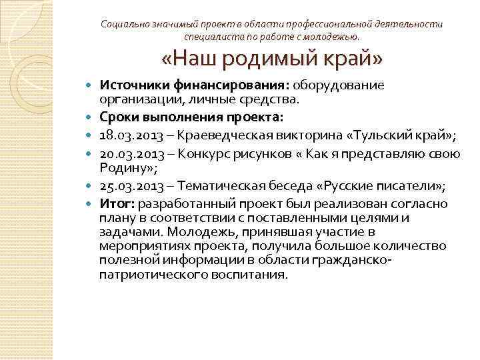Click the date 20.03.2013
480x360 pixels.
(x=129, y=154)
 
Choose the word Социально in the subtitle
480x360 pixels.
(x=124, y=23)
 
